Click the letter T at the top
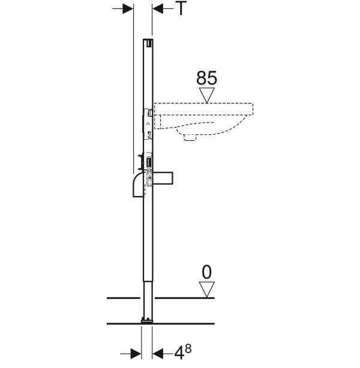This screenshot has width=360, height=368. pyautogui.click(x=181, y=8)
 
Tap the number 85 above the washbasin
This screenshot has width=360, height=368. pyautogui.click(x=206, y=78)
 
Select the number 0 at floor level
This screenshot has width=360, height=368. pyautogui.click(x=206, y=272)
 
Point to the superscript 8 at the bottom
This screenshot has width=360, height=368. pyautogui.click(x=188, y=348)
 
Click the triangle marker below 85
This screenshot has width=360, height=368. pyautogui.click(x=206, y=95)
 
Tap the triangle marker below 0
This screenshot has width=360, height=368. pyautogui.click(x=207, y=289)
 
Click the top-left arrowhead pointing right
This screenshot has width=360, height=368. pyautogui.click(x=128, y=9)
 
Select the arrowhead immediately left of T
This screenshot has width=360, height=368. pyautogui.click(x=158, y=9)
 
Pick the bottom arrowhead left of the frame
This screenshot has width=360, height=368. pyautogui.click(x=136, y=354)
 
